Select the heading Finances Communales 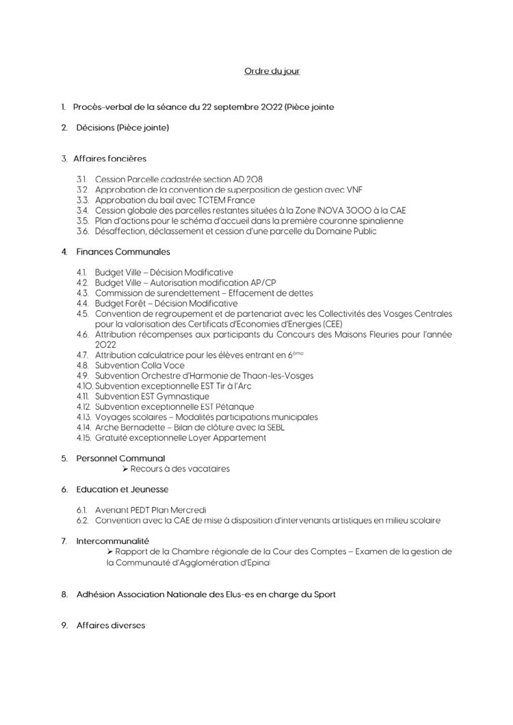122,252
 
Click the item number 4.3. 82,292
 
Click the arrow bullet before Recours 125,469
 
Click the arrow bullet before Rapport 110,551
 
